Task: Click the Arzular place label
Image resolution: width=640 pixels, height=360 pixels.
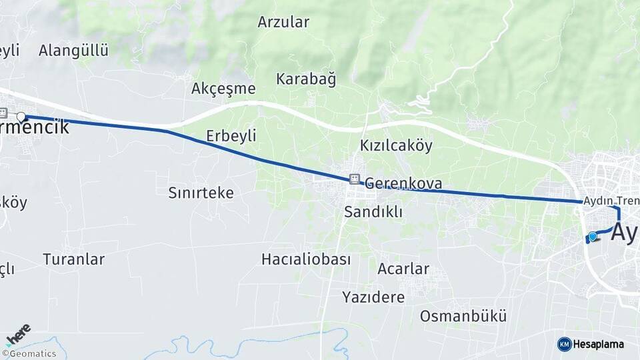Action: tap(283, 22)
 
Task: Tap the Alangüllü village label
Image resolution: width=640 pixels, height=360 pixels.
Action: tap(73, 51)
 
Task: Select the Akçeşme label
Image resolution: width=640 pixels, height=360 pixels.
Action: tap(223, 89)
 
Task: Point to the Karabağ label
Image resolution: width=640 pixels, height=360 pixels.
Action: tap(306, 79)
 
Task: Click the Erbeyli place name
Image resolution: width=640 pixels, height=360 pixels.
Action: tap(231, 136)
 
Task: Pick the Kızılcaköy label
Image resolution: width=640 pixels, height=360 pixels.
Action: tap(396, 145)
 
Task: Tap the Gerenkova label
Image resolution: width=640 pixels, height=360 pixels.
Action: tap(403, 183)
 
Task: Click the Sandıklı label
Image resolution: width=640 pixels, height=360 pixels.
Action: tap(374, 212)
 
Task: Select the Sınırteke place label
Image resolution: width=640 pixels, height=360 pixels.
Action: tap(201, 193)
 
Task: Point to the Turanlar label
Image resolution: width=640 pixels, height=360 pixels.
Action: tap(74, 259)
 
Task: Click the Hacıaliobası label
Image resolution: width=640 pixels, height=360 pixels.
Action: tap(306, 259)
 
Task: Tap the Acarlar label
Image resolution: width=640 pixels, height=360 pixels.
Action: tap(403, 269)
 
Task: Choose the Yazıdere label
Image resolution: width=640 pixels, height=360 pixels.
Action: tap(373, 297)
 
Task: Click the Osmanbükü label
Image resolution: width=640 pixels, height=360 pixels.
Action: tap(463, 316)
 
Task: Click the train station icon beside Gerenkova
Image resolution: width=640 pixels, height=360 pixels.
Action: tap(354, 179)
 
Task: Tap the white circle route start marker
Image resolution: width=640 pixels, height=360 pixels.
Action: tap(21, 117)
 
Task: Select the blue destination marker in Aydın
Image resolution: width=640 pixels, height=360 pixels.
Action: tap(592, 236)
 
